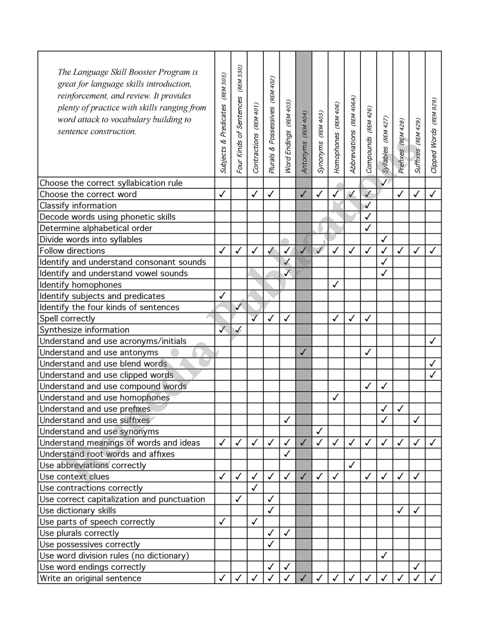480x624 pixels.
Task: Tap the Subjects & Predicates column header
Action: tap(223, 123)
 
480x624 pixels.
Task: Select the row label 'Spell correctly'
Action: tap(67, 319)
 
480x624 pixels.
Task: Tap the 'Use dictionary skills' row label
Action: tap(78, 511)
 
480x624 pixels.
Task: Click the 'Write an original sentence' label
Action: tap(90, 578)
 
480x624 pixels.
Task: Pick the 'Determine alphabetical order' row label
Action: tap(96, 228)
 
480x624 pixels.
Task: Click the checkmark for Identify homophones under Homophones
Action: tap(336, 284)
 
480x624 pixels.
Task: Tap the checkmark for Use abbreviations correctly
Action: tap(352, 465)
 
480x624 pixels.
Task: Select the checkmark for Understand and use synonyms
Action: tap(320, 431)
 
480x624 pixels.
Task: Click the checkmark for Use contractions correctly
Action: tap(255, 488)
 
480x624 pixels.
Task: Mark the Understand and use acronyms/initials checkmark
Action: tap(433, 341)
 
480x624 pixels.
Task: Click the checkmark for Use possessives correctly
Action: tap(271, 544)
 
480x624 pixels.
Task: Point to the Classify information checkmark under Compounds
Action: tap(368, 205)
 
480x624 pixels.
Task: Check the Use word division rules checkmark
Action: tap(384, 555)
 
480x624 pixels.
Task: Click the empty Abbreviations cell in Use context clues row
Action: tap(352, 477)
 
